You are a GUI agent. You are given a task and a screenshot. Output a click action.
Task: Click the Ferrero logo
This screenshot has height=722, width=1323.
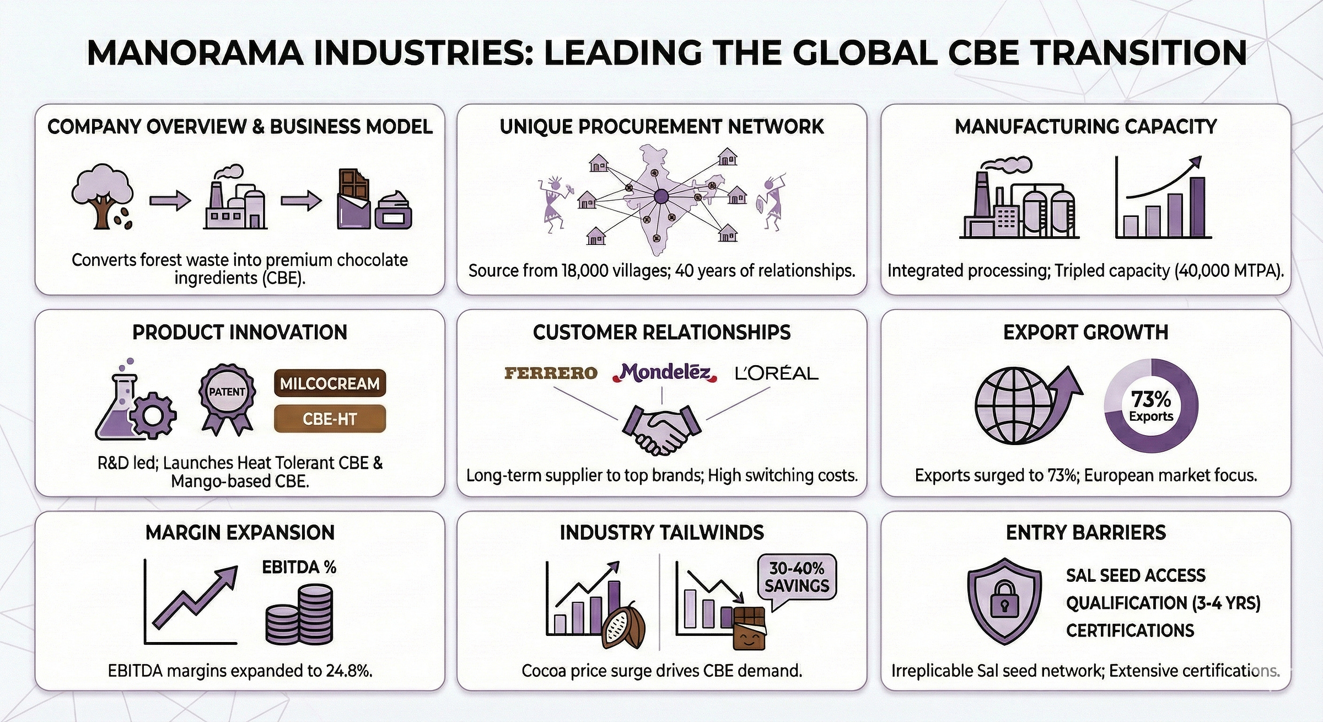point(551,373)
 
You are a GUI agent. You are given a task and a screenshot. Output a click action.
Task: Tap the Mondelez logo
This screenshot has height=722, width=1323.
point(665,373)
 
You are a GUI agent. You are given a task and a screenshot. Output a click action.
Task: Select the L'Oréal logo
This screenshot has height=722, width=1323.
point(777,373)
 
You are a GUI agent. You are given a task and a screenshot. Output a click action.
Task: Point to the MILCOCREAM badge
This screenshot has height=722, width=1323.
point(330,383)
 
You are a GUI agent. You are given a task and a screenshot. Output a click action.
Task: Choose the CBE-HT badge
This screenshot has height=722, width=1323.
point(330,419)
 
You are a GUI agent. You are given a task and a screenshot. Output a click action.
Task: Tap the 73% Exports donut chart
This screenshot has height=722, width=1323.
point(1151,406)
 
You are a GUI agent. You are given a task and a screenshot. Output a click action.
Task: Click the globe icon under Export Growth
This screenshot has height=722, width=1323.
point(1014,405)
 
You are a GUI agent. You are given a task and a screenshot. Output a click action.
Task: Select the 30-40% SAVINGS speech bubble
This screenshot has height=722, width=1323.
point(797,577)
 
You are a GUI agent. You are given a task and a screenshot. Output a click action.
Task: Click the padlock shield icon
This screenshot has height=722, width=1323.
point(1004,601)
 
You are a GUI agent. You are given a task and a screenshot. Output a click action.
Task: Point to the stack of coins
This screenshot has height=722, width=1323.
point(299,615)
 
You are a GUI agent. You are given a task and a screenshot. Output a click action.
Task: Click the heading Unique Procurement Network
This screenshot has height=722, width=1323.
point(661,127)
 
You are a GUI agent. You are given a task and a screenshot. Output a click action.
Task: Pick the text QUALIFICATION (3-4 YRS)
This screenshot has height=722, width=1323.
point(1163,603)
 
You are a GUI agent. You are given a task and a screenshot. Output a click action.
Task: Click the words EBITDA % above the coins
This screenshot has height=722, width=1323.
point(299,567)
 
